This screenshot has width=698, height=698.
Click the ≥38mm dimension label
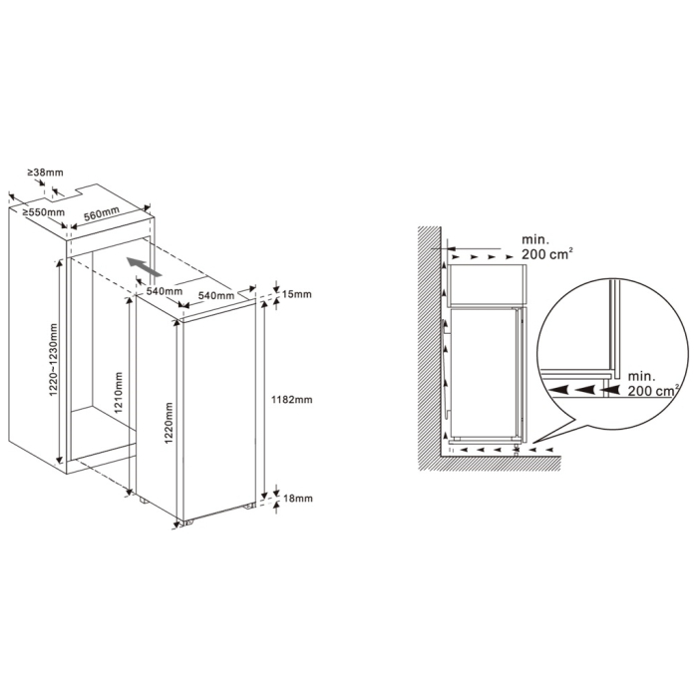46,172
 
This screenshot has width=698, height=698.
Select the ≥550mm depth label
44,212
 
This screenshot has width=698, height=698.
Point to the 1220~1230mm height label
54,360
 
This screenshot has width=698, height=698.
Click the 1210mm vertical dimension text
119,393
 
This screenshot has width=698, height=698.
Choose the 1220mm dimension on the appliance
169,423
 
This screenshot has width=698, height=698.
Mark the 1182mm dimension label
292,399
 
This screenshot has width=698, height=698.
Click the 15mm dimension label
297,294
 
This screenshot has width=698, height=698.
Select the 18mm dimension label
298,499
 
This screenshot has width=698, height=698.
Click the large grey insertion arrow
143,266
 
